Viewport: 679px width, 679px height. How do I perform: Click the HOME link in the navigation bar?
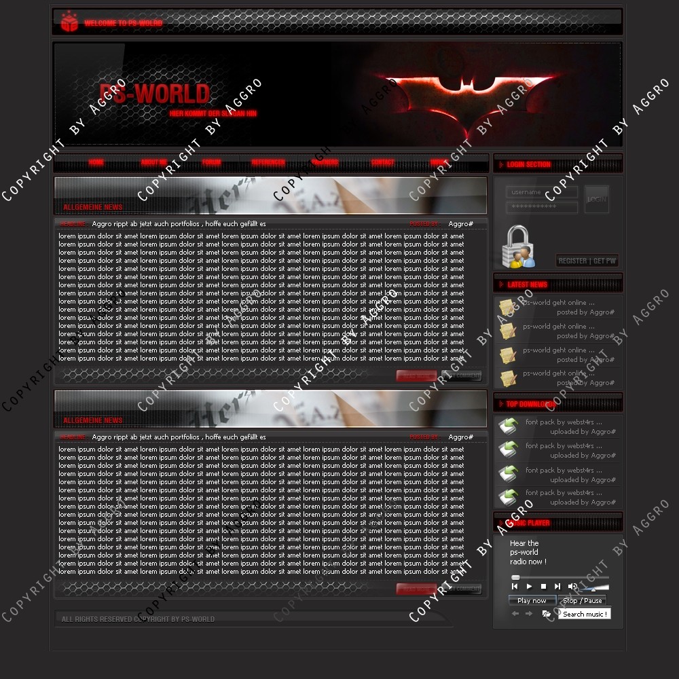[96, 163]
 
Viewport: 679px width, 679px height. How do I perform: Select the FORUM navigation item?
[211, 163]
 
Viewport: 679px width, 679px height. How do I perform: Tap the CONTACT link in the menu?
[382, 163]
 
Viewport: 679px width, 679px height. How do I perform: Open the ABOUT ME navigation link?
[153, 163]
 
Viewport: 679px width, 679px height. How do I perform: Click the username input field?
[542, 192]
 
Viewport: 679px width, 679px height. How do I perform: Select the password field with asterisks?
[542, 206]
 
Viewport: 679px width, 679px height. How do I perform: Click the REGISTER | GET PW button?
[587, 261]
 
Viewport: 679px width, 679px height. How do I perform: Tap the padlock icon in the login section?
[517, 246]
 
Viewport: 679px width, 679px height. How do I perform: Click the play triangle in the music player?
[530, 586]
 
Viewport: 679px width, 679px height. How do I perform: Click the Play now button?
[532, 600]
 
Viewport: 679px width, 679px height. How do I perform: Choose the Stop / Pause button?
[582, 600]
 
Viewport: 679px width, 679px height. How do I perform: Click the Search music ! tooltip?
[584, 614]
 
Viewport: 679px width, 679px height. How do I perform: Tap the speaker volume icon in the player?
[572, 586]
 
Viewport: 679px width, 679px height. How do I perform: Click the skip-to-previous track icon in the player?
[515, 586]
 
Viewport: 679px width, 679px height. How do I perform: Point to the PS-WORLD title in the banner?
[155, 94]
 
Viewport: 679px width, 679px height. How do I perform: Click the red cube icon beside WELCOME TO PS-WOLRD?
[69, 22]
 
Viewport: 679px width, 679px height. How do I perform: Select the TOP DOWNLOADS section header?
[530, 404]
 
